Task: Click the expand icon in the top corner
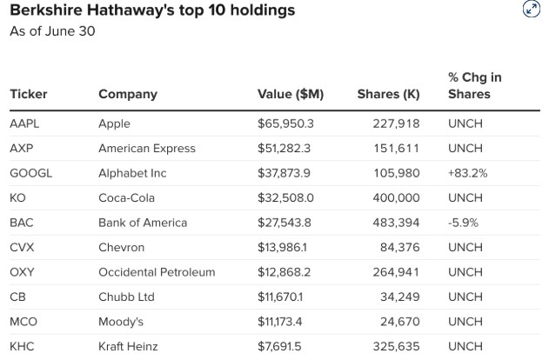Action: [x=531, y=9]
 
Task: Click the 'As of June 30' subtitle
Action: [x=52, y=31]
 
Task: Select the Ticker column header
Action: [x=29, y=94]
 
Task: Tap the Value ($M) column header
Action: [x=291, y=94]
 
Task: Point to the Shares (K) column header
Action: [x=388, y=94]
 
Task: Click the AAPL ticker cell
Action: [x=24, y=123]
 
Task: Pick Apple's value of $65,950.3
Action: [x=285, y=123]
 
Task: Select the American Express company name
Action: [x=147, y=149]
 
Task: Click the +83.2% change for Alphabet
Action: [x=468, y=173]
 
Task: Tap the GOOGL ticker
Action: [x=30, y=173]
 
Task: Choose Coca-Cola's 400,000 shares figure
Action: [x=397, y=198]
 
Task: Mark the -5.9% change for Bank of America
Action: [x=463, y=223]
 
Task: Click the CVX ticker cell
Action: [x=22, y=247]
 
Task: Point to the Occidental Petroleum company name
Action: [x=157, y=272]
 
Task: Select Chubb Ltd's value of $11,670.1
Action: [x=280, y=297]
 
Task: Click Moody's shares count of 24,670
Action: [x=400, y=322]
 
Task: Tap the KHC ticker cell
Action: [x=22, y=347]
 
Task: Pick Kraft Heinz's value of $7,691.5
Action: [x=279, y=347]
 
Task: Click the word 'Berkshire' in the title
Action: [x=46, y=10]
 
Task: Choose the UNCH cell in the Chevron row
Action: [x=465, y=247]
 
